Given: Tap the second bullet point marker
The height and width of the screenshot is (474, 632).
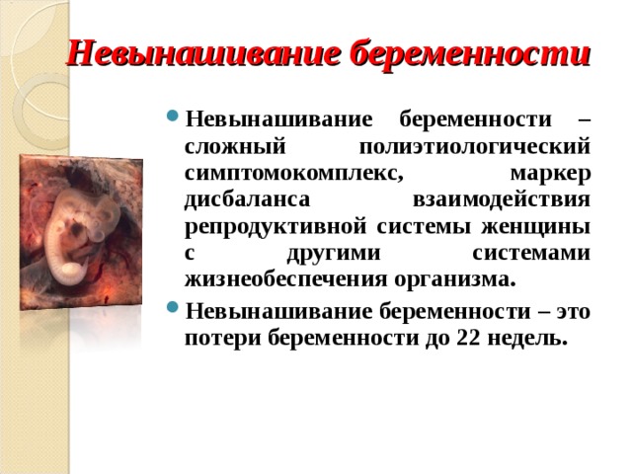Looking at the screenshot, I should coord(174,313).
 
